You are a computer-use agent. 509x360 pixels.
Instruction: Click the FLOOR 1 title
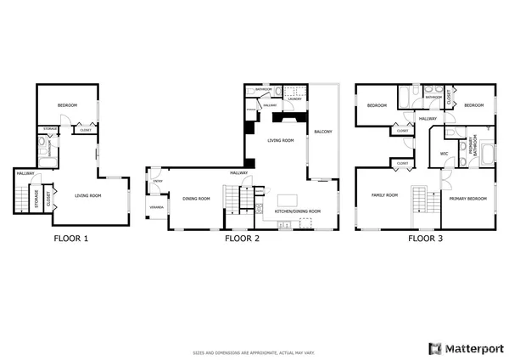pyautogui.click(x=70, y=239)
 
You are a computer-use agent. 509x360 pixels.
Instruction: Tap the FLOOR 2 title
pyautogui.click(x=241, y=239)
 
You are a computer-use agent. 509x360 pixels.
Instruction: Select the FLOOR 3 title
pyautogui.click(x=424, y=239)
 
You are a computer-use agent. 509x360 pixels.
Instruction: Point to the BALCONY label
pyautogui.click(x=322, y=132)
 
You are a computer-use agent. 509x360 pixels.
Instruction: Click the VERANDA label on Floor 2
pyautogui.click(x=157, y=207)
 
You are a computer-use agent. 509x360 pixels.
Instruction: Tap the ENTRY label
pyautogui.click(x=157, y=181)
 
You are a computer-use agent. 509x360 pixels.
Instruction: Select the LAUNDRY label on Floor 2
pyautogui.click(x=294, y=99)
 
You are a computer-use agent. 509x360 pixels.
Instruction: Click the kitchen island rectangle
pyautogui.click(x=282, y=200)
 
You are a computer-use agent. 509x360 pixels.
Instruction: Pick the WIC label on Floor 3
pyautogui.click(x=444, y=153)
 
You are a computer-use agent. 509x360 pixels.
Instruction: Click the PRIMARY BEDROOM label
pyautogui.click(x=467, y=197)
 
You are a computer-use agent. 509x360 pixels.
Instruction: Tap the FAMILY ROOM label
pyautogui.click(x=384, y=195)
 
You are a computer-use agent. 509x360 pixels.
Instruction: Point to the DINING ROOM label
pyautogui.click(x=196, y=199)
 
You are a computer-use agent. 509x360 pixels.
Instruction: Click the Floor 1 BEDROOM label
pyautogui.click(x=68, y=105)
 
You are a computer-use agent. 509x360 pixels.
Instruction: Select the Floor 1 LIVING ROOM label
pyautogui.click(x=88, y=196)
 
